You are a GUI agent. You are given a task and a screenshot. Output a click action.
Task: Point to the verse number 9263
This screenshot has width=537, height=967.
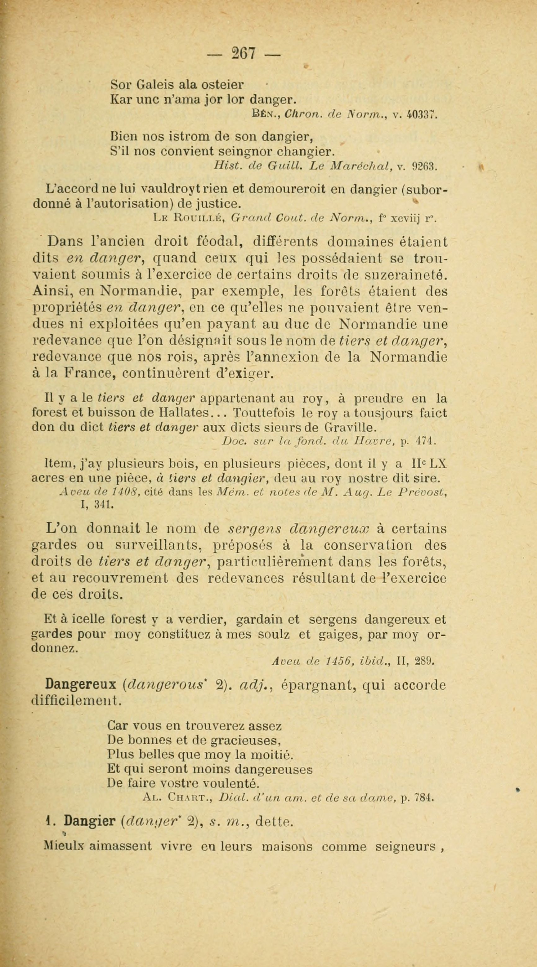point(425,165)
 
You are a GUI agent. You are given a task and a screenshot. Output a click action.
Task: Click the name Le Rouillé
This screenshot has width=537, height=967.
point(189,218)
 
